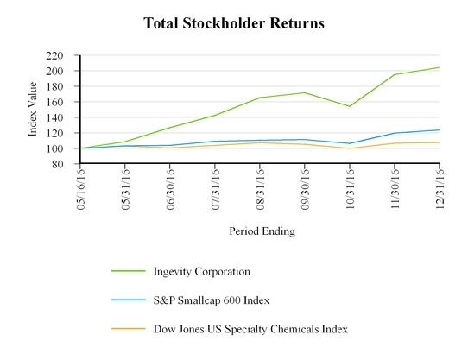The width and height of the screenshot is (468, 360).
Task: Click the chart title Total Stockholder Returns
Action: coord(235,23)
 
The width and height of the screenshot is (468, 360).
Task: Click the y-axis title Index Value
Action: coord(34,109)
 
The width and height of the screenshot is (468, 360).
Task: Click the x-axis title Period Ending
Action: coord(262,231)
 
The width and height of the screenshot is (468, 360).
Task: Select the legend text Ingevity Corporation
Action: coord(202,271)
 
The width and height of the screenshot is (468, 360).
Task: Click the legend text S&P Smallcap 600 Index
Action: coord(212,300)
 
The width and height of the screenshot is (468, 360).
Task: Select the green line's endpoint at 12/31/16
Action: coord(440,67)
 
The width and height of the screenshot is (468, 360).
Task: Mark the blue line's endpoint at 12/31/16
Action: coord(440,130)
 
